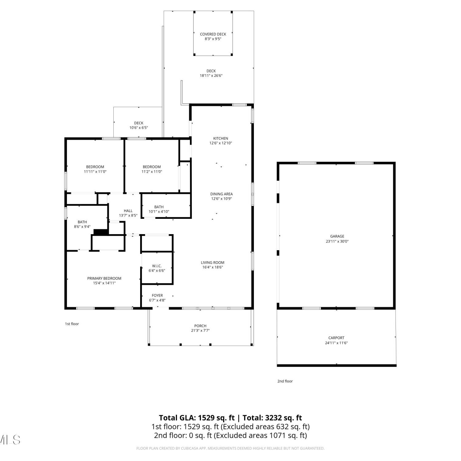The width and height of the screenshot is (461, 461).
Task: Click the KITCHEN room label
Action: click(221, 138)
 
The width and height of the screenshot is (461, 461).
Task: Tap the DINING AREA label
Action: click(221, 194)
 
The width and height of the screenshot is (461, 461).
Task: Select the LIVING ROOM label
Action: click(212, 262)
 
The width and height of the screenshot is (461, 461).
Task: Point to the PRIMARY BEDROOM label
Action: click(104, 278)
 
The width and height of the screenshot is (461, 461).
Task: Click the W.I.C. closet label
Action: click(157, 266)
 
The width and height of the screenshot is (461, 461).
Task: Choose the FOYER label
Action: click(157, 296)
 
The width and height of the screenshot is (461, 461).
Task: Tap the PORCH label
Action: click(200, 326)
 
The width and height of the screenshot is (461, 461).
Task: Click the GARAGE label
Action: click(337, 236)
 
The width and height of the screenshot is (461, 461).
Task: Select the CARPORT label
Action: click(336, 338)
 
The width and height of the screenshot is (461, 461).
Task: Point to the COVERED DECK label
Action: click(213, 34)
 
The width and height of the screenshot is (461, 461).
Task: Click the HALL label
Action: click(128, 211)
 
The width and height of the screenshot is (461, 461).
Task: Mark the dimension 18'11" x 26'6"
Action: click(211, 76)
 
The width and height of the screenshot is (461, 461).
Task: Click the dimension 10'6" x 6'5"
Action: click(139, 128)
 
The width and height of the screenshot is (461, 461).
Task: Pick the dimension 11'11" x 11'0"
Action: click(95, 172)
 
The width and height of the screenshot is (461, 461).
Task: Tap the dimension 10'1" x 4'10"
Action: click(159, 212)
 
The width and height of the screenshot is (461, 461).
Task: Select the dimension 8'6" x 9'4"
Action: click(82, 227)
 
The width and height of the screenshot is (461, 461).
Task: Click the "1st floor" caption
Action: click(72, 324)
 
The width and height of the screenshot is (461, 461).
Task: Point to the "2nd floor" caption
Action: click(285, 381)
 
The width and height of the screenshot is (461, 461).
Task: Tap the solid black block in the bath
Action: click(101, 232)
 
